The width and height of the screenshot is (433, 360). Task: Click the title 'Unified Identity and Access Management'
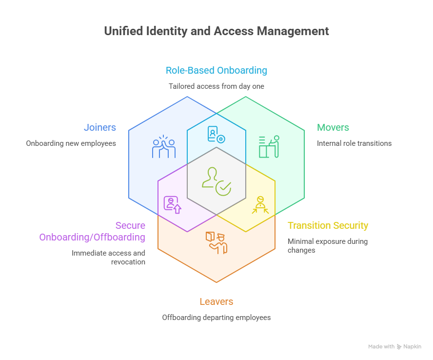[216, 31]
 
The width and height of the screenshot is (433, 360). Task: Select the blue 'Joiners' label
[100, 128]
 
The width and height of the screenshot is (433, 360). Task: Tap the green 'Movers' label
[333, 128]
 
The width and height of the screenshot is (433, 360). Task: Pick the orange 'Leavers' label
[216, 302]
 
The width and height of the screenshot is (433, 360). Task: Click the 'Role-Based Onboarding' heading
[216, 70]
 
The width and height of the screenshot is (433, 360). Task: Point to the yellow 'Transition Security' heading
[328, 226]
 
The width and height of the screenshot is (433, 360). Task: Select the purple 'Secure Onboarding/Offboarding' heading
[92, 232]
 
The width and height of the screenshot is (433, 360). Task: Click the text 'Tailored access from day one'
[216, 86]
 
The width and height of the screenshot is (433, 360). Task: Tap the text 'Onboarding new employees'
[71, 144]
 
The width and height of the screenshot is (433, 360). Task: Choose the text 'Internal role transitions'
[354, 144]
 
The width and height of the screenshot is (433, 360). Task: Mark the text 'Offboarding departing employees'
[216, 318]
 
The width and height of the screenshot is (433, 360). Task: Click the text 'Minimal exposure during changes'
[327, 246]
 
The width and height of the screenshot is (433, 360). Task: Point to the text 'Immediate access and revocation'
[108, 258]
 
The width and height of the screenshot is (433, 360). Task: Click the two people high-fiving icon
[164, 147]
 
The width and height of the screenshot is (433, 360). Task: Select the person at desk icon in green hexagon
[269, 146]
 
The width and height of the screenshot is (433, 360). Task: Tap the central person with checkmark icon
[216, 181]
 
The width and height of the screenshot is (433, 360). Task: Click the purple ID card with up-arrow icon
[172, 204]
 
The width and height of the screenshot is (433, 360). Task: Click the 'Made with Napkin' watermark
[394, 347]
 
